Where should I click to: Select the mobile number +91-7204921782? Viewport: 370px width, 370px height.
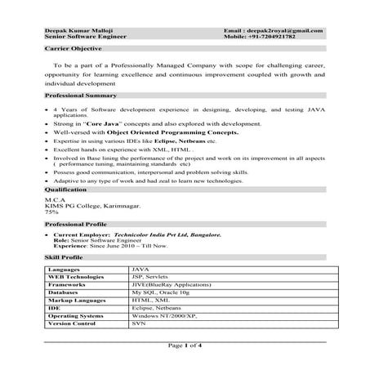[281, 37]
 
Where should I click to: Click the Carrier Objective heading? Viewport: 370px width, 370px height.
[70, 49]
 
